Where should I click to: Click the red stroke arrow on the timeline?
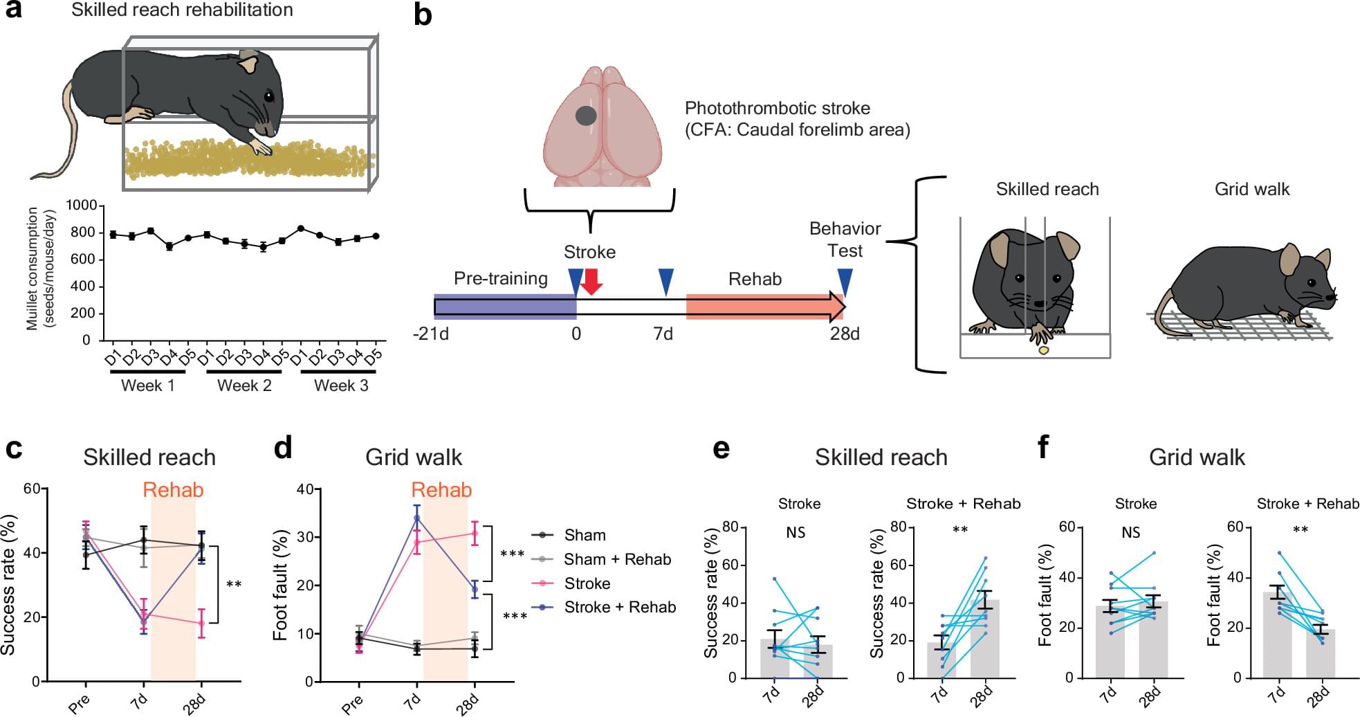(591, 281)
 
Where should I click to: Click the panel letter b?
(423, 15)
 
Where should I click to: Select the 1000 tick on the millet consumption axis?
(82, 206)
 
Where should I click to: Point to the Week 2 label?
(244, 386)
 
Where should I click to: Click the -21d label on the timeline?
(431, 334)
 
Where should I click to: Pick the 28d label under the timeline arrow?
(845, 334)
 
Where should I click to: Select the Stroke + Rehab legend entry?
(620, 607)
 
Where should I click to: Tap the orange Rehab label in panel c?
(173, 490)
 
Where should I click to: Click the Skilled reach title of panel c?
(149, 457)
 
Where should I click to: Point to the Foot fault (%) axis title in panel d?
(280, 586)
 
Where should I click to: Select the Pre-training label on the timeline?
(501, 278)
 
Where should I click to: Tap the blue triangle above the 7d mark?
(665, 282)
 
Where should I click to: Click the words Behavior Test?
(845, 239)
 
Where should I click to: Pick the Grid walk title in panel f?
(1197, 457)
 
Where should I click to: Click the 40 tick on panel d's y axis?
(305, 489)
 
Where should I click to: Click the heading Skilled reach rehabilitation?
(182, 10)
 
